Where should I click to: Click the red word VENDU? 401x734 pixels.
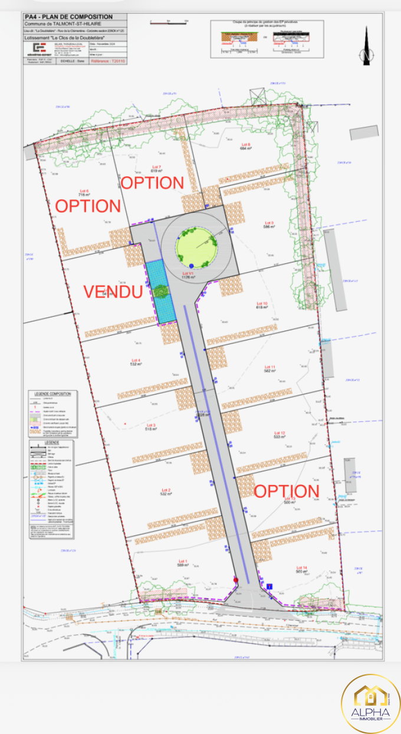pyautogui.click(x=113, y=291)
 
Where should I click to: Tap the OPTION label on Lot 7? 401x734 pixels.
pyautogui.click(x=152, y=182)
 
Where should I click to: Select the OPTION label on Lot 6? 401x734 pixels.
pyautogui.click(x=88, y=206)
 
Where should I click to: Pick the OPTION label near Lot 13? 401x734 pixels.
pyautogui.click(x=286, y=491)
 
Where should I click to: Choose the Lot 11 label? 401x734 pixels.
pyautogui.click(x=270, y=368)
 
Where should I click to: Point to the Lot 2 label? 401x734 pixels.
pyautogui.click(x=165, y=491)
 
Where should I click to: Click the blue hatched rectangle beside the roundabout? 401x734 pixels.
pyautogui.click(x=161, y=291)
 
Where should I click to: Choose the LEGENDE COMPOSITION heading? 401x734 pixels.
pyautogui.click(x=52, y=394)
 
